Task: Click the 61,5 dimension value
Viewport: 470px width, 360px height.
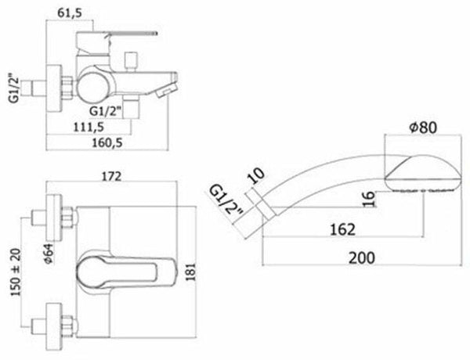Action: tap(70, 13)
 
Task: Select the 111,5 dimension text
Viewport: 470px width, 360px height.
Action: tap(89, 127)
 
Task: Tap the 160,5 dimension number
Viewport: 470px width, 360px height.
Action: tap(107, 143)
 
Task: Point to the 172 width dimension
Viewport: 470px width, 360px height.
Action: tap(111, 176)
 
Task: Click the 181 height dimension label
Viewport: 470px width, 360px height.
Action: tap(190, 272)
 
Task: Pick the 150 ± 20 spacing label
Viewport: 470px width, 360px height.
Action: tap(16, 272)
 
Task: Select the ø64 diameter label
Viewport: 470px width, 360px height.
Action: tap(49, 254)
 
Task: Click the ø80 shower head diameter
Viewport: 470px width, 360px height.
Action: tap(423, 128)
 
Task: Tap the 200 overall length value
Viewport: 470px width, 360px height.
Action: tap(361, 258)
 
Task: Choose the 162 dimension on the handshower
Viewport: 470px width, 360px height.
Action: tap(342, 230)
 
